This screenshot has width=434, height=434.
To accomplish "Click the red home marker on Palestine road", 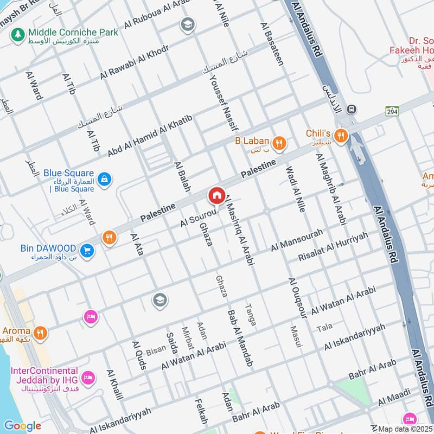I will pos(216,195).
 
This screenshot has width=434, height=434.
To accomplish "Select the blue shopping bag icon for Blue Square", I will pos(104,178).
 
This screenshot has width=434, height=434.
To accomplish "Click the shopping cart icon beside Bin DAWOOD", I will pos(86,251).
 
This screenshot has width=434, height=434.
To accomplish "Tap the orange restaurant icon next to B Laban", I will pos(279,143).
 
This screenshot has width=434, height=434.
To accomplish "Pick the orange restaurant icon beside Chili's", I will pos(341,136).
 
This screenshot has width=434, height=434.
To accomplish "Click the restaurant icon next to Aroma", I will pos(39,332).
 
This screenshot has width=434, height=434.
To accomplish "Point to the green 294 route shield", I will pos(392,111).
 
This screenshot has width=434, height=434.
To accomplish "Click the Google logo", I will pos(22,426).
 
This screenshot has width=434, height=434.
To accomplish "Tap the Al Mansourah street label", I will pos(297,240).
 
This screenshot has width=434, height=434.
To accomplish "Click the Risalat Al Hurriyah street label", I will pos(333,247).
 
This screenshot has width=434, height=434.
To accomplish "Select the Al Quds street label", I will pos(138,355).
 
